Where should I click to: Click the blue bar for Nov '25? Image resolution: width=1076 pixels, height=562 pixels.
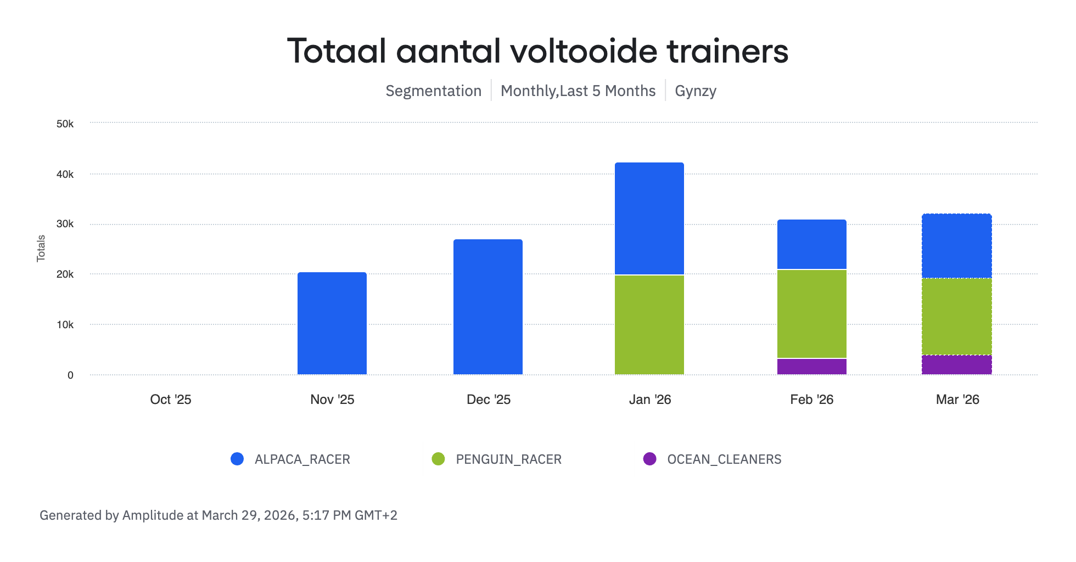pyautogui.click(x=332, y=323)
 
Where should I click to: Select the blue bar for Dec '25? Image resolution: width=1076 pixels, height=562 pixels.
pyautogui.click(x=487, y=307)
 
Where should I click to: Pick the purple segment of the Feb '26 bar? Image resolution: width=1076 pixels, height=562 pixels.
pyautogui.click(x=811, y=367)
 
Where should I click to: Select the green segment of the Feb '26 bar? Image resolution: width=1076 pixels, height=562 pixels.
pyautogui.click(x=811, y=314)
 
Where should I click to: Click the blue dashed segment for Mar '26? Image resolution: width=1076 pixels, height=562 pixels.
pyautogui.click(x=956, y=246)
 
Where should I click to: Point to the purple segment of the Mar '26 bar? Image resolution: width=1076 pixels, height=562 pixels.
pyautogui.click(x=956, y=365)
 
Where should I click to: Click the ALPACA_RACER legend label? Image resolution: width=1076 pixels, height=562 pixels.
pyautogui.click(x=302, y=459)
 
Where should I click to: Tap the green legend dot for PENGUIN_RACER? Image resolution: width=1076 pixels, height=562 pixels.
pyautogui.click(x=438, y=459)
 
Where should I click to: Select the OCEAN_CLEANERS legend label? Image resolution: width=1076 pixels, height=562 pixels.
pyautogui.click(x=724, y=459)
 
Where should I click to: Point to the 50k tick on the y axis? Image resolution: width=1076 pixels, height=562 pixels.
pyautogui.click(x=65, y=124)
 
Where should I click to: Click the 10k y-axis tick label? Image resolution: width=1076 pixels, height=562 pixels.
pyautogui.click(x=65, y=325)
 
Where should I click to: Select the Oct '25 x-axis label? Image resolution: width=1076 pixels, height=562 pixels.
pyautogui.click(x=170, y=400)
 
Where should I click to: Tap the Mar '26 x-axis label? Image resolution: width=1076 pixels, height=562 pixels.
pyautogui.click(x=957, y=400)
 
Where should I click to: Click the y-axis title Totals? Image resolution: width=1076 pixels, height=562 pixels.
pyautogui.click(x=41, y=248)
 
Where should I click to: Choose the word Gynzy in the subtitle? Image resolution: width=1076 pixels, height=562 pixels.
pyautogui.click(x=695, y=91)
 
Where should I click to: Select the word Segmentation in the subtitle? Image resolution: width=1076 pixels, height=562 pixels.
pyautogui.click(x=433, y=91)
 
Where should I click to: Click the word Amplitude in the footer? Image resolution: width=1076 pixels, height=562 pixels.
pyautogui.click(x=153, y=515)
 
